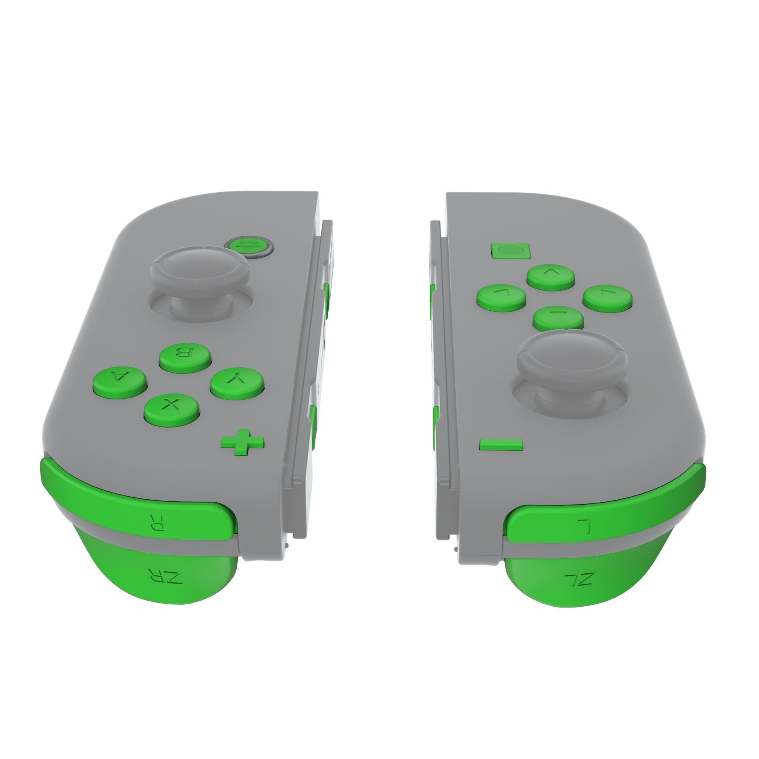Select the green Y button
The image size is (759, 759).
pyautogui.click(x=237, y=381)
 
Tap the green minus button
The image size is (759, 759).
pyautogui.click(x=501, y=444)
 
